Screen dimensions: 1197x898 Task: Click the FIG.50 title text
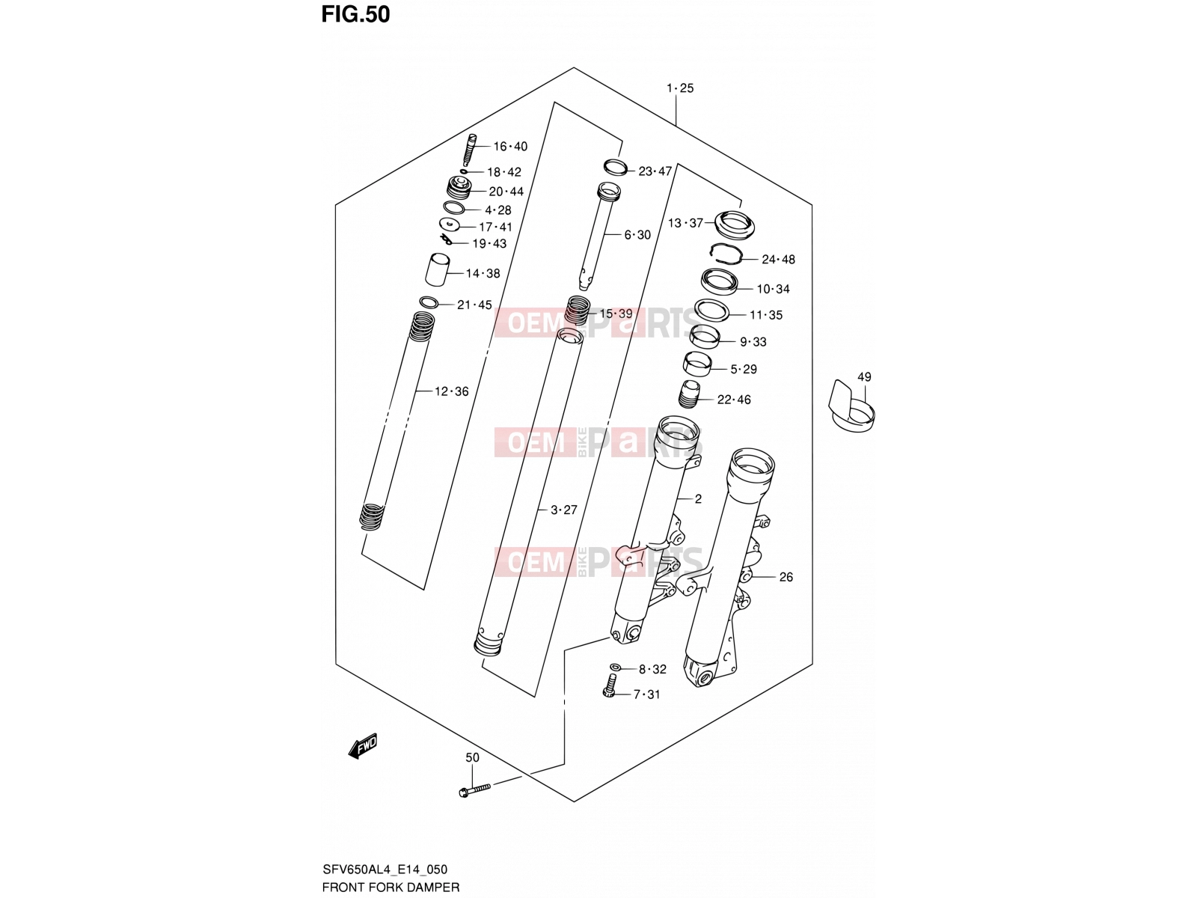355,15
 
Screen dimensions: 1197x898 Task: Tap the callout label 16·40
510,146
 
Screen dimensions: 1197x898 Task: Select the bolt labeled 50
474,790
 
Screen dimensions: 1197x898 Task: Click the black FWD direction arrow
363,745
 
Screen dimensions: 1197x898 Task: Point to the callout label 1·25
680,88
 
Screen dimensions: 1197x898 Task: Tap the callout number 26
786,576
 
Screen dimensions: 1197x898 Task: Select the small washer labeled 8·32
615,668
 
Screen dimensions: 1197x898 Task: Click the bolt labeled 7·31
610,685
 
